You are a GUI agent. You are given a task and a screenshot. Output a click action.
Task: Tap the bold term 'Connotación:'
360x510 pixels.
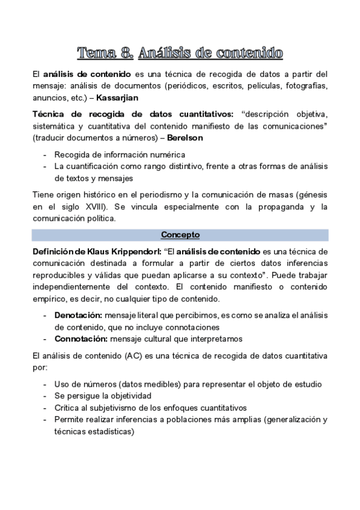click(x=81, y=338)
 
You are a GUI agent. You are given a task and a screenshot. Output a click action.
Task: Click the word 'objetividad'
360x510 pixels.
click(x=122, y=396)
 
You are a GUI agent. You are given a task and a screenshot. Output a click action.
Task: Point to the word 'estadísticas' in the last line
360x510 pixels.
click(x=109, y=431)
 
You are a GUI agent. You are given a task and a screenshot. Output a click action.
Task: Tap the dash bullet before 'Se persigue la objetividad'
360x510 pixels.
click(x=46, y=396)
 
